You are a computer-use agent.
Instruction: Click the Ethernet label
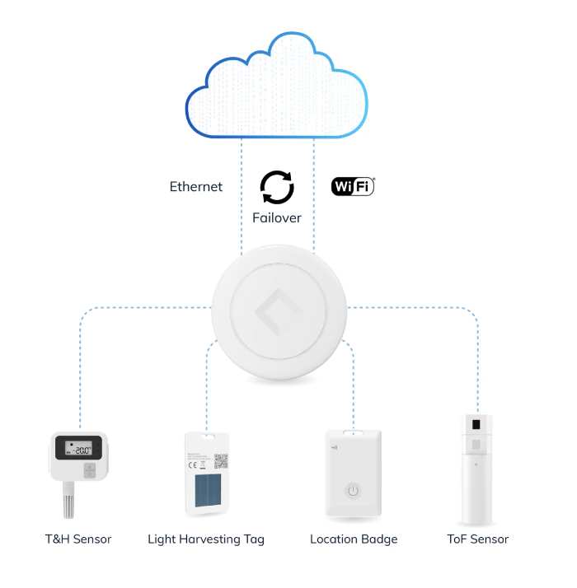coord(196,187)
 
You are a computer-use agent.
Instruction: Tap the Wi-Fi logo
coord(353,186)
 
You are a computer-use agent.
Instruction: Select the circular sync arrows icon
coord(277,188)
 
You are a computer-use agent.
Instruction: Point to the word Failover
coord(277,218)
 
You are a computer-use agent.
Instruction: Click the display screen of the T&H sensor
coord(78,449)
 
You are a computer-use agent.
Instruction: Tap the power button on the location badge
coord(353,491)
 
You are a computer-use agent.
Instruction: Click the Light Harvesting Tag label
coord(206,540)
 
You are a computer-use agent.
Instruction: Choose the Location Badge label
coord(354,540)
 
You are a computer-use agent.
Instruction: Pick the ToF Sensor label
coord(476,540)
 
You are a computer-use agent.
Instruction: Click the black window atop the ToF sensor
coord(477,427)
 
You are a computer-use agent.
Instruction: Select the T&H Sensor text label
coord(78,540)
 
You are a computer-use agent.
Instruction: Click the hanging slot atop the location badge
coord(353,431)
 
